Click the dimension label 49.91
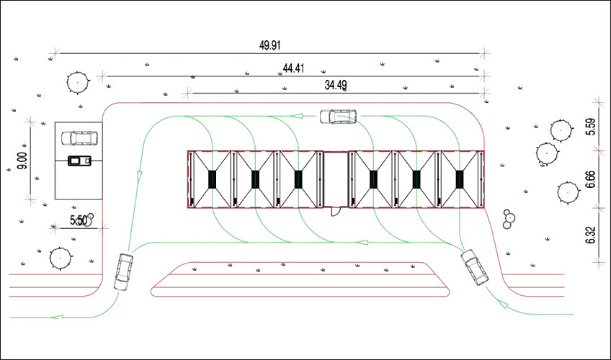269,45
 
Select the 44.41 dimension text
293,68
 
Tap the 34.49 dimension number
336,85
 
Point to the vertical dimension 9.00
22,161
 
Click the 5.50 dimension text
79,220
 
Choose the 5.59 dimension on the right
591,127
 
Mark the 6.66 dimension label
591,179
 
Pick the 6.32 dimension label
591,235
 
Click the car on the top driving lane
338,117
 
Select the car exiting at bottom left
123,271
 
